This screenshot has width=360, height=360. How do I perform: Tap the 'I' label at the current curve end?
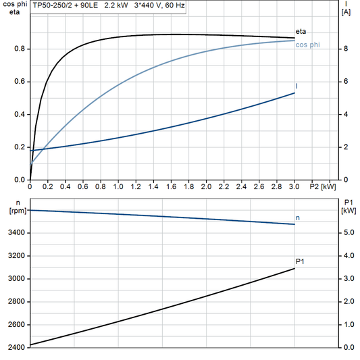click(297, 86)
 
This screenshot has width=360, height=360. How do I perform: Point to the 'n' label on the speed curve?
click(298, 217)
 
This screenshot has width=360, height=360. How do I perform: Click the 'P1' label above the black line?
click(300, 261)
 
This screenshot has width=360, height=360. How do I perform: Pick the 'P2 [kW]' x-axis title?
click(324, 186)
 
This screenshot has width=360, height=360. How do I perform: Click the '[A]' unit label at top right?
click(346, 11)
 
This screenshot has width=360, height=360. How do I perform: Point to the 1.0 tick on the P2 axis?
click(118, 186)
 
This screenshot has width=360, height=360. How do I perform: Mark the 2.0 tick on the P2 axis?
click(207, 186)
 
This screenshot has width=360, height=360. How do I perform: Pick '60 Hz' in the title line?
click(175, 5)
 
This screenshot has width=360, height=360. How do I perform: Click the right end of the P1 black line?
click(294, 269)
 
